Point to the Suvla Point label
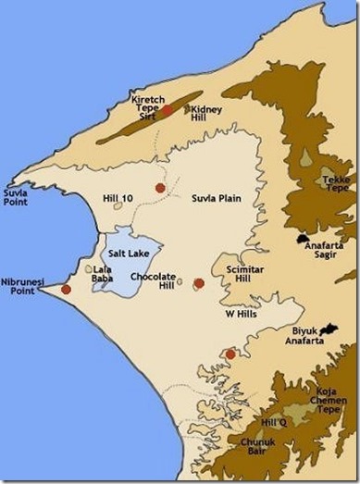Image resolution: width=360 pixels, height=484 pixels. coord(18,197)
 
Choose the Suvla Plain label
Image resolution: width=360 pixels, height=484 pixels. coord(215,197)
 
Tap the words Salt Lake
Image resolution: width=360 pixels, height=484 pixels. coord(130,252)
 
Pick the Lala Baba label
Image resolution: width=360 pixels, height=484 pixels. coord(103,274)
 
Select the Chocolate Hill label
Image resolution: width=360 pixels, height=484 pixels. coord(153,280)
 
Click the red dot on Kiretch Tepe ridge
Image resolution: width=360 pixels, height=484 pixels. coord(168,110)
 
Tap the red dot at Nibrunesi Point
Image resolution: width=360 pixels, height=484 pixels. coord(66,290)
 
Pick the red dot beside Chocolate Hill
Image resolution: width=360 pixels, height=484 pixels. coord(198,283)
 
